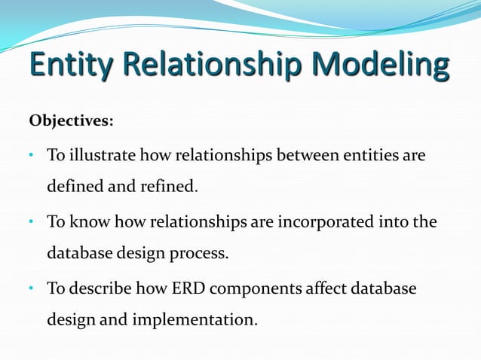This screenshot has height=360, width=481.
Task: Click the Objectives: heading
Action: point(71,121)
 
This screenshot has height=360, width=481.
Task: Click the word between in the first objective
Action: point(305,156)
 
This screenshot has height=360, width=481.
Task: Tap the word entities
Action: point(369,156)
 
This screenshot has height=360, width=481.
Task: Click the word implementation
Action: point(195,319)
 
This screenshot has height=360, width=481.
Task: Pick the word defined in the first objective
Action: point(75,186)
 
